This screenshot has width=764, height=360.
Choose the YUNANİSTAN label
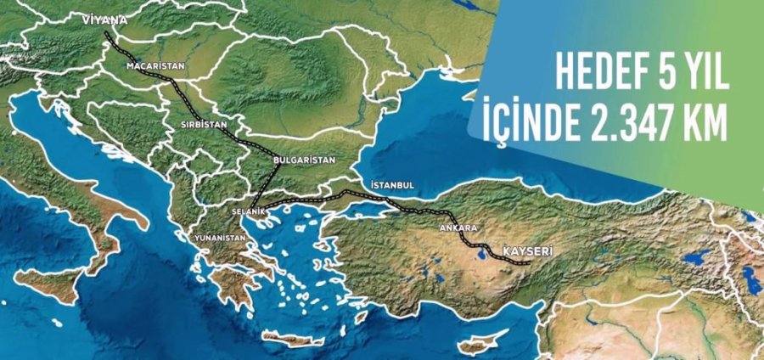click(220, 239)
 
